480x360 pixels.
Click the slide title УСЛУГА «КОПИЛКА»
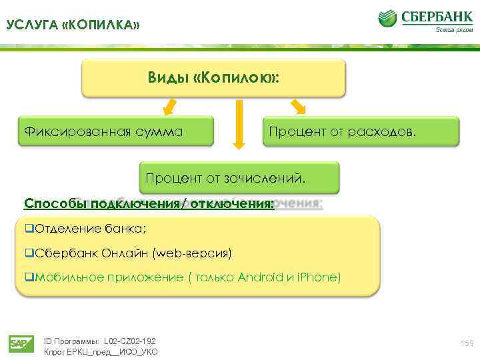[73, 25]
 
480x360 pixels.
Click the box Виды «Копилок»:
[213, 79]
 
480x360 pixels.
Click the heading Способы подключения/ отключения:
[149, 203]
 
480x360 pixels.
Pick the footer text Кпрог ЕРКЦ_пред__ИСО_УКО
[101, 351]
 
